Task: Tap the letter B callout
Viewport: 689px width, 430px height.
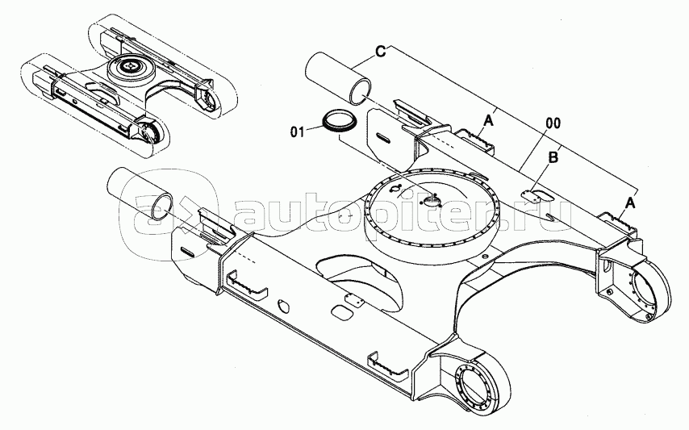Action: [553, 158]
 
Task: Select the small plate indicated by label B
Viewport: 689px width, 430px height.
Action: [532, 194]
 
